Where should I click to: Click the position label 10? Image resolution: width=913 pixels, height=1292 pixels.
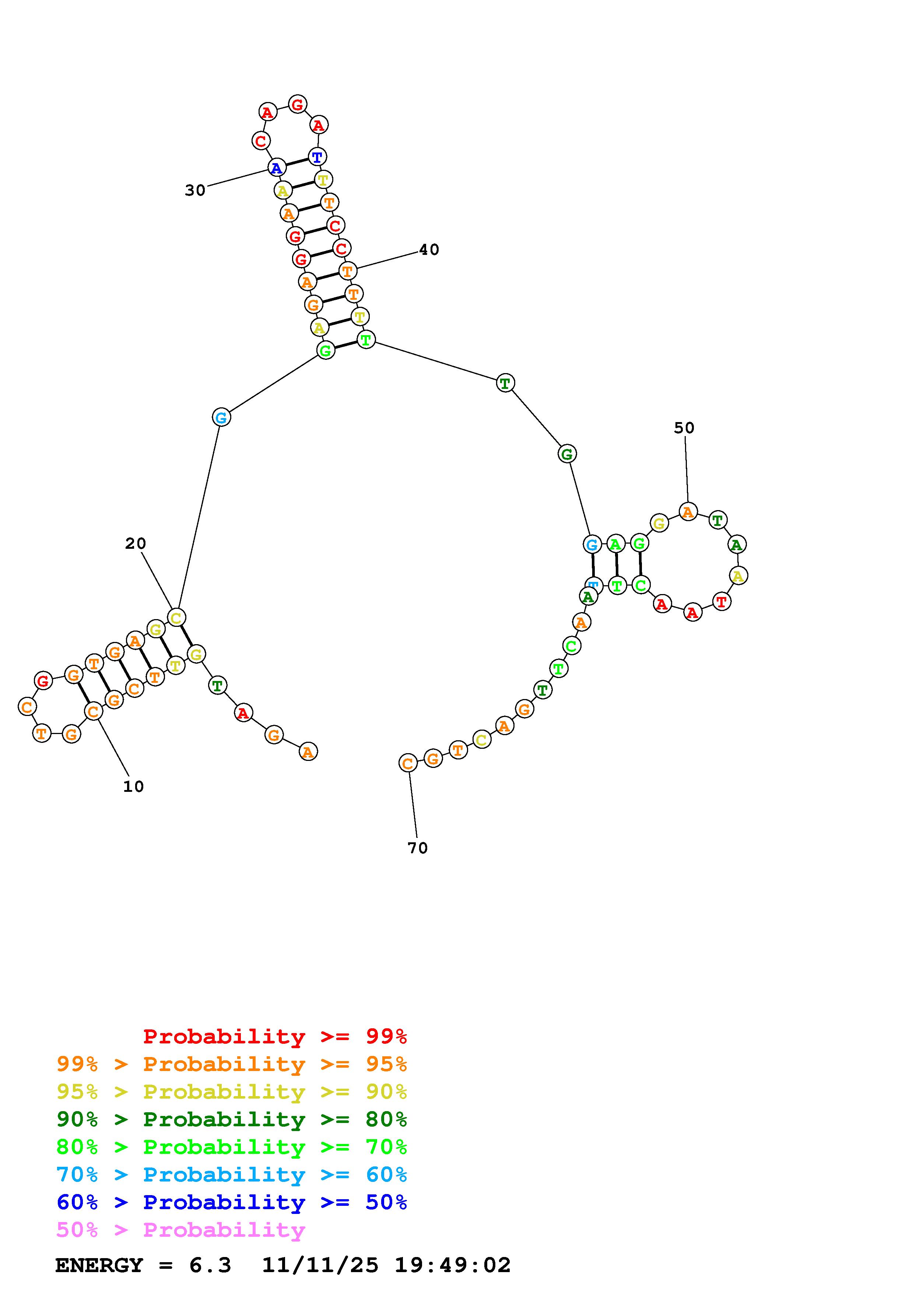[133, 787]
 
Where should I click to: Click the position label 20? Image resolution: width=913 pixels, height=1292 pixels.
[136, 544]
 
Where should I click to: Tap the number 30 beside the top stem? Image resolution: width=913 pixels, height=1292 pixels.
[195, 191]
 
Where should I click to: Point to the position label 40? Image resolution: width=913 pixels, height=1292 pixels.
[429, 250]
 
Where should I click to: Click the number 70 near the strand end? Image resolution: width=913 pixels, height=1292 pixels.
[417, 848]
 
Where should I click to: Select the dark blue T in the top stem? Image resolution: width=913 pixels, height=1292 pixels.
[317, 157]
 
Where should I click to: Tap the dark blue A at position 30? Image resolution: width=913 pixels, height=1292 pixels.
[276, 168]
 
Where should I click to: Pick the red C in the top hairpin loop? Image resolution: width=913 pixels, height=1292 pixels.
[260, 141]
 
